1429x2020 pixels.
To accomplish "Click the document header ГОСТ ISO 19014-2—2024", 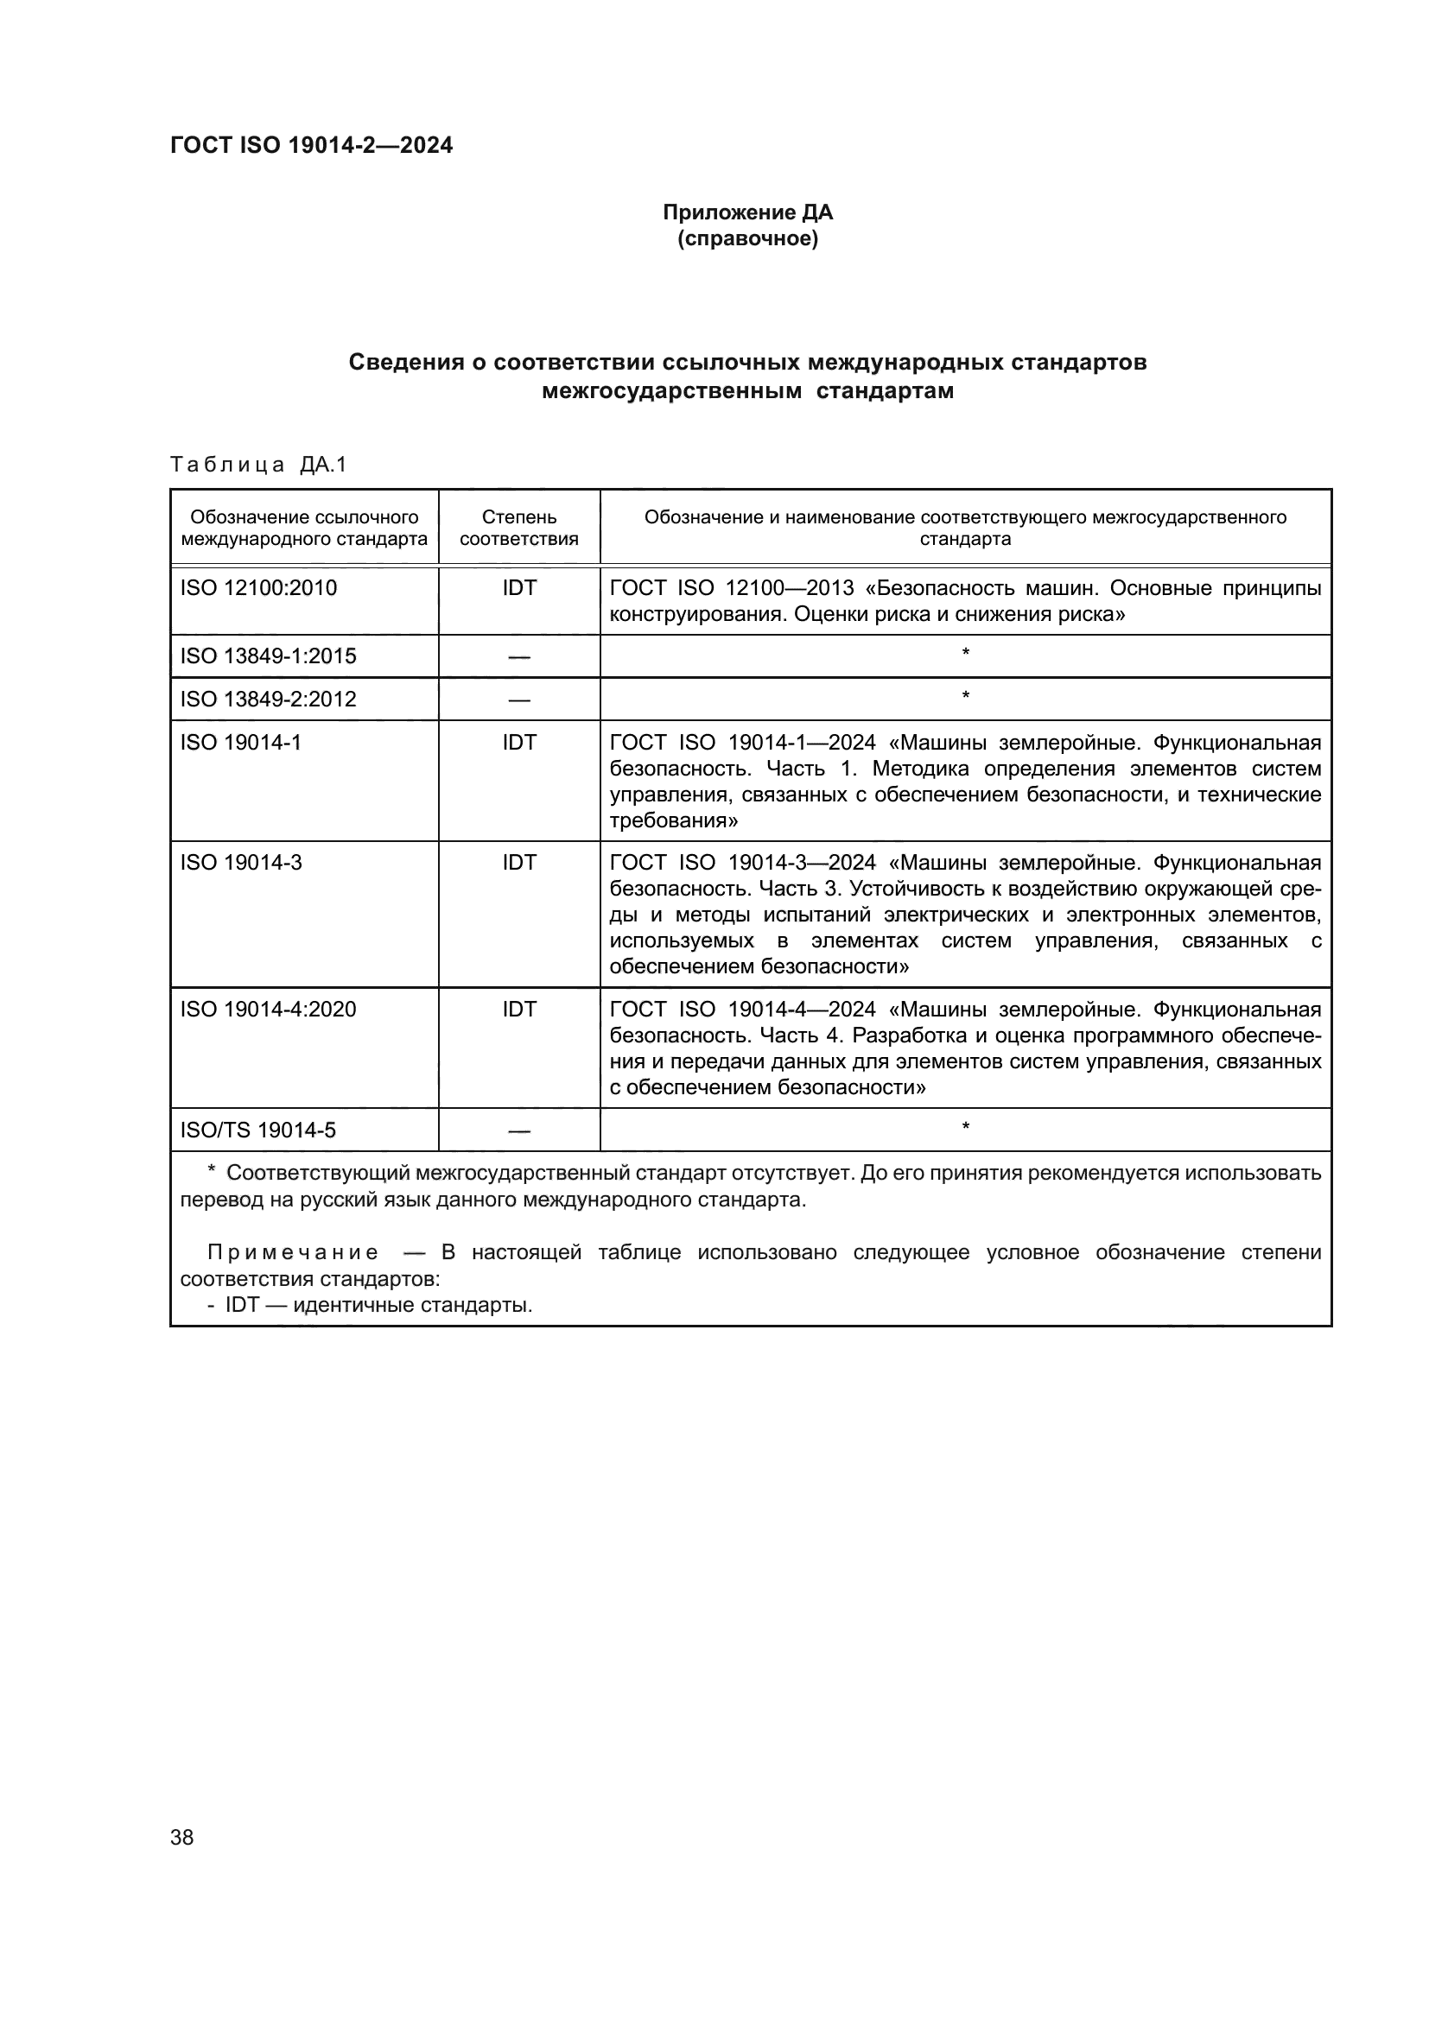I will coord(312,145).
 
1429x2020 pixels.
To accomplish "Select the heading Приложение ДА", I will coord(747,212).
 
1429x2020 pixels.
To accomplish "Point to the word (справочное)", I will coord(747,238).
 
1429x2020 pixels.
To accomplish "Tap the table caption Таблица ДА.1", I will coord(258,465).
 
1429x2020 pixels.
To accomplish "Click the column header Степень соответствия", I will coord(519,528).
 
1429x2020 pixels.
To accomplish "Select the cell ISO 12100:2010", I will coord(258,588).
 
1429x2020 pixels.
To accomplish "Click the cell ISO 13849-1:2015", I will coord(269,656).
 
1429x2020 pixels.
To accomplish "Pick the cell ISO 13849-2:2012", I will coord(269,700).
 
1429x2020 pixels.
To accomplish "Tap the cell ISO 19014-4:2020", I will coord(269,1009).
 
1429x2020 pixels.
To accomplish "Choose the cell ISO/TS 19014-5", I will coord(257,1130).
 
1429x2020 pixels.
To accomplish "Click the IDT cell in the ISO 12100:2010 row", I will coord(519,588).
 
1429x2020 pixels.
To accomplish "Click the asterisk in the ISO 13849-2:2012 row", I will coord(965,697).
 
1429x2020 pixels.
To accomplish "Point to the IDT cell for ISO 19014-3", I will coord(519,863).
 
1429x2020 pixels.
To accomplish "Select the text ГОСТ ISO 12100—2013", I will coord(731,588).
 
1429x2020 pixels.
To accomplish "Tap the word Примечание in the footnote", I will coord(293,1253).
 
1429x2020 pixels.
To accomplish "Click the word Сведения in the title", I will coord(406,363).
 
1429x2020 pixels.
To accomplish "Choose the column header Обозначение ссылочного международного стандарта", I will coord(304,528).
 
